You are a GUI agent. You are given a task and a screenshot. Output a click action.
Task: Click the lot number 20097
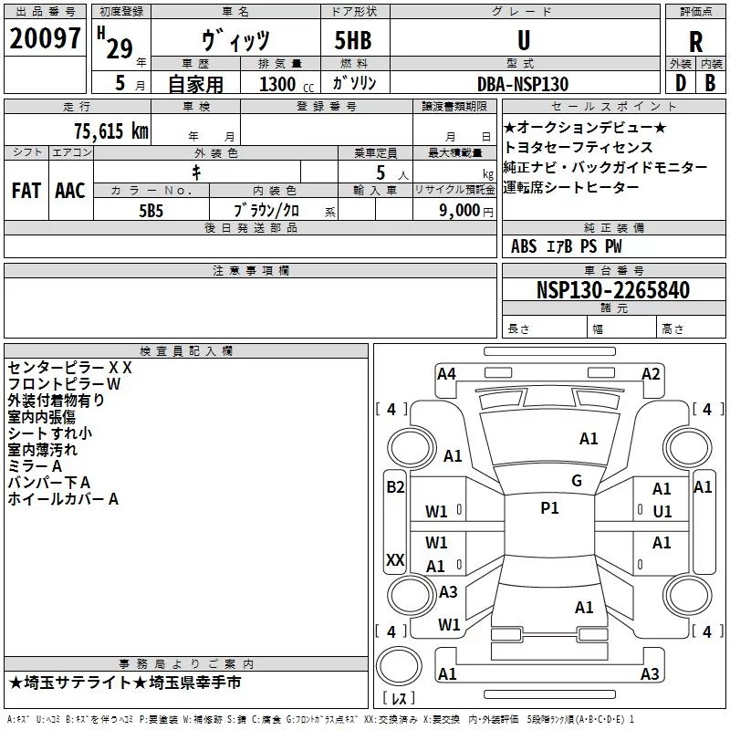pos(45,38)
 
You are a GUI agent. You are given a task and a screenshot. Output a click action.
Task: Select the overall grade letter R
pos(695,42)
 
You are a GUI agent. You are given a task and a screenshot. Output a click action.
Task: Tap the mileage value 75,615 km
pos(111,130)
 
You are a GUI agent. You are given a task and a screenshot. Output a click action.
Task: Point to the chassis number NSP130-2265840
pos(613,289)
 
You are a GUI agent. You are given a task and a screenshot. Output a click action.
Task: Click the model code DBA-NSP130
pos(523,84)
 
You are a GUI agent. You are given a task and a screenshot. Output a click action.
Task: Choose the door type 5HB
pos(353,40)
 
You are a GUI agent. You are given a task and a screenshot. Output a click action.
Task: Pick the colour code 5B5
pos(151,211)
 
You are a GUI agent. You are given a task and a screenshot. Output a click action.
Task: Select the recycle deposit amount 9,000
pos(460,211)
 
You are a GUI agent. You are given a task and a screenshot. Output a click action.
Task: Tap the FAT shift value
pos(26,191)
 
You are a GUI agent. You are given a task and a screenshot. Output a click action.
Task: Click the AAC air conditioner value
pos(70,191)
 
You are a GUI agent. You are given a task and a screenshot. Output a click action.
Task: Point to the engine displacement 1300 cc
pos(287,84)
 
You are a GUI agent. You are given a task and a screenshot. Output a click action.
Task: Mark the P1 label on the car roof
pos(549,508)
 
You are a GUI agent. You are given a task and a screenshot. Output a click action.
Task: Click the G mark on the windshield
pos(577,481)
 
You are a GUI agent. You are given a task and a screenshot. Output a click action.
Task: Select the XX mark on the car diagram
pos(395,559)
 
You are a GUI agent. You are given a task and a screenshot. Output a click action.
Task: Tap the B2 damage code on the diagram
pos(395,487)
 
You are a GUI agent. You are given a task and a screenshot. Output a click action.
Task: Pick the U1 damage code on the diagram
pos(662,512)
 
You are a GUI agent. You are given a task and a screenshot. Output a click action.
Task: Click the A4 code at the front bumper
pos(446,374)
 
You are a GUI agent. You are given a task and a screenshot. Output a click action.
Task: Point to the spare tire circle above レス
pos(399,666)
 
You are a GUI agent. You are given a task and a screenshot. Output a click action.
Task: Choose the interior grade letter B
pos(710,83)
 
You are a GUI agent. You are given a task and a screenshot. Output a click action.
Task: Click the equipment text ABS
pos(524,246)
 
